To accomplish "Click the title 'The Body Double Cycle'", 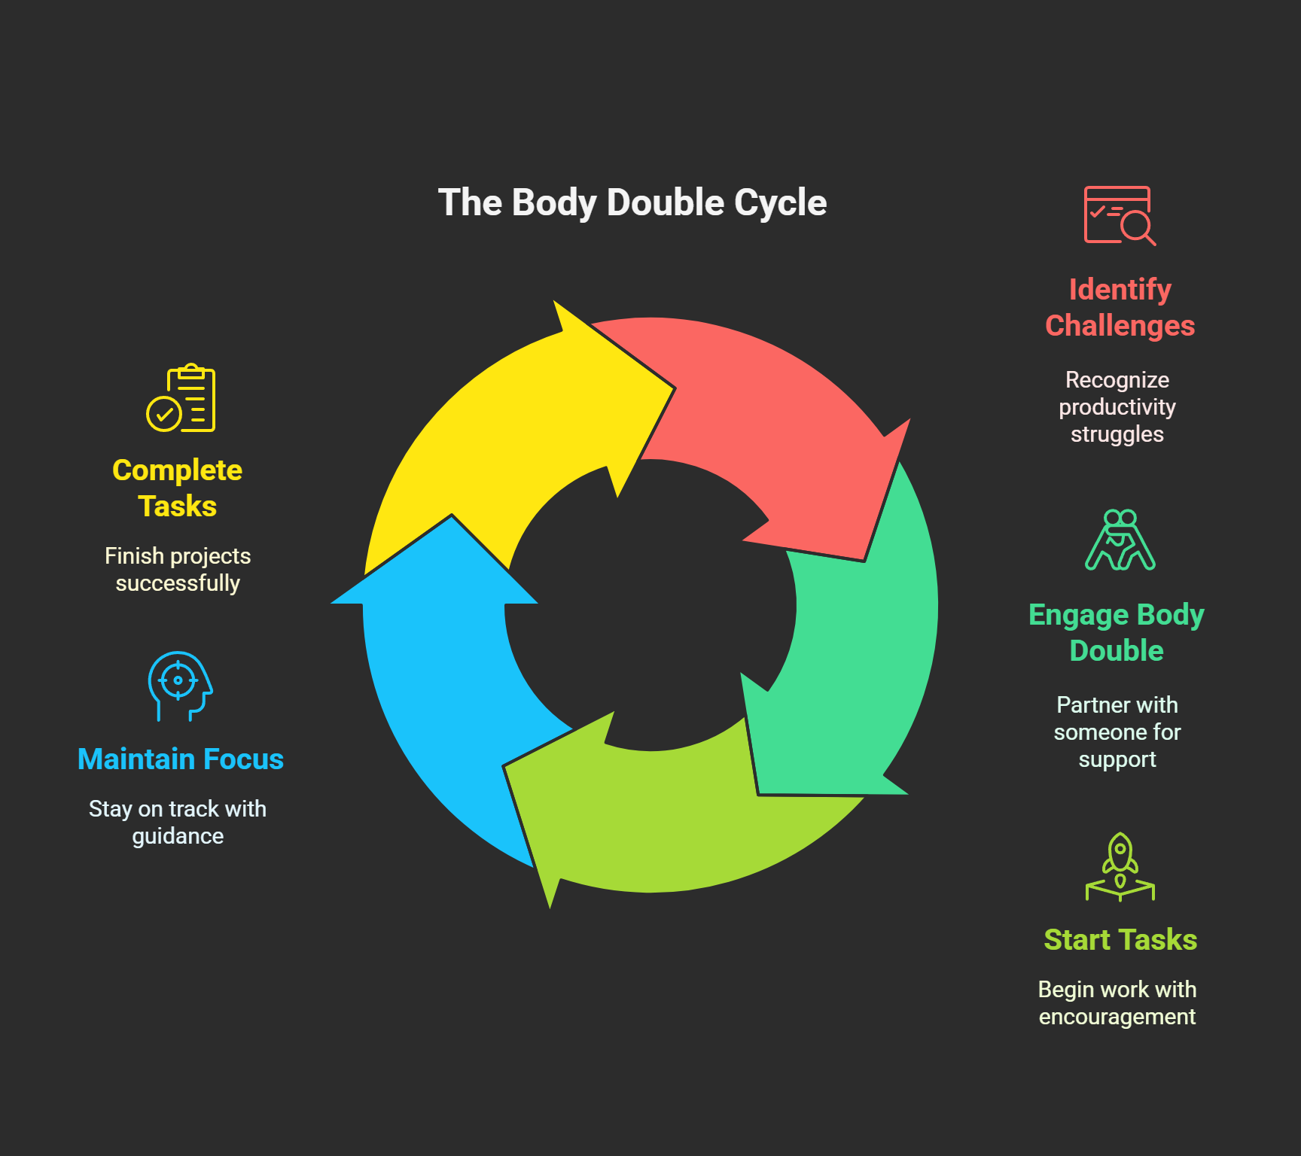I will tap(632, 202).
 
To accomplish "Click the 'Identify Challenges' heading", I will tap(1120, 308).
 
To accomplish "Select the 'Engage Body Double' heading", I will tap(1117, 632).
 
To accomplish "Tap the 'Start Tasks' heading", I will tap(1120, 940).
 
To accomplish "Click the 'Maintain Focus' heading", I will tap(181, 759).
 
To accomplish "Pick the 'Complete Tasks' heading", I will tap(178, 488).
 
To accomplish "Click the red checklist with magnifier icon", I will tap(1119, 216).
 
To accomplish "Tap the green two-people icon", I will tap(1120, 540).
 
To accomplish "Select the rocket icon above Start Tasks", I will tap(1120, 866).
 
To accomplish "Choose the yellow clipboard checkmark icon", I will tap(181, 398).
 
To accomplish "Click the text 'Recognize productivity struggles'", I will tap(1117, 407).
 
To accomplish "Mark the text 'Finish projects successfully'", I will tap(178, 570).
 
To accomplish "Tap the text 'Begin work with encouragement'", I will tap(1117, 1003).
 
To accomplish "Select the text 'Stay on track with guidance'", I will tap(178, 823).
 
